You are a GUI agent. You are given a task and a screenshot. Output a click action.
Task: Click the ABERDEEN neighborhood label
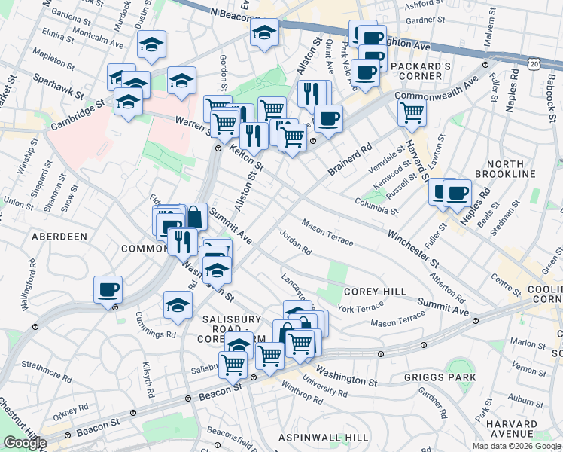click(x=59, y=236)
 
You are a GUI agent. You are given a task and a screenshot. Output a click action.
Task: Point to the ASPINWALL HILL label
click(x=323, y=438)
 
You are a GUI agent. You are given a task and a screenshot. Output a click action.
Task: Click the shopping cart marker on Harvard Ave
click(x=412, y=113)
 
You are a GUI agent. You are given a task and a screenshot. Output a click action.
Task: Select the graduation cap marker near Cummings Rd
click(x=178, y=305)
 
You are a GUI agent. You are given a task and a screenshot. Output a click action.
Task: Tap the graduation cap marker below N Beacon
click(x=264, y=33)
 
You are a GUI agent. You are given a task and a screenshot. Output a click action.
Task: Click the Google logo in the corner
click(x=24, y=443)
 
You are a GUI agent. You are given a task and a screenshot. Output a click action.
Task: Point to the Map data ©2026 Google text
click(x=516, y=446)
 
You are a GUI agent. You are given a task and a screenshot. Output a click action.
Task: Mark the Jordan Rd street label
click(x=295, y=241)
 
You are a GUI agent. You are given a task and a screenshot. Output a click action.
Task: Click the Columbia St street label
click(x=377, y=203)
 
